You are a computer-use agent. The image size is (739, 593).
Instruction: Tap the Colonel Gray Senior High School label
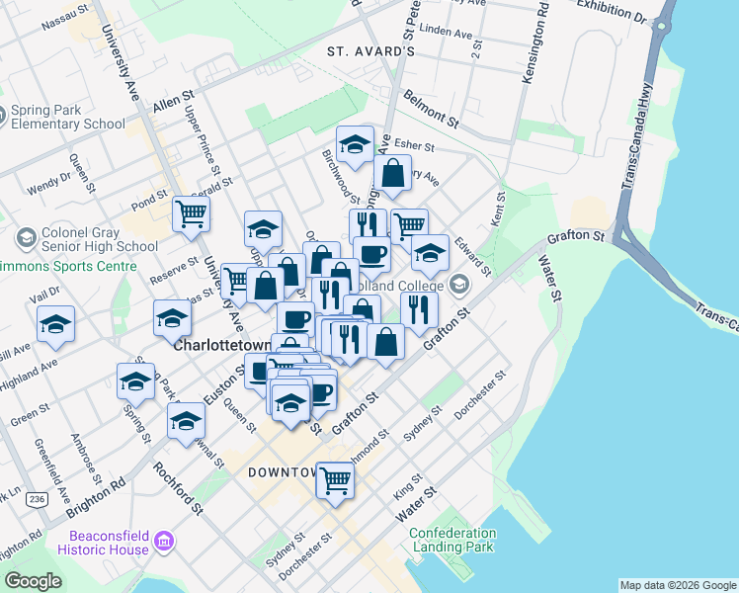click(x=86, y=240)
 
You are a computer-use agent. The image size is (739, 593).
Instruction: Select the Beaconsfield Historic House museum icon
click(x=163, y=541)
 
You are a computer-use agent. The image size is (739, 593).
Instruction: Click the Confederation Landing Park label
click(x=452, y=540)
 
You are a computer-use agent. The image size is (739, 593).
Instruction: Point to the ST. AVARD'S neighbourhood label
click(x=371, y=50)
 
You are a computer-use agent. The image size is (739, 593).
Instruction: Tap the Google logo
click(x=34, y=581)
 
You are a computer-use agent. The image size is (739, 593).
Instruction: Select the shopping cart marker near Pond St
click(x=191, y=212)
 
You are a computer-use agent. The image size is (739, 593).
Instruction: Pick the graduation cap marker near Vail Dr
click(x=56, y=323)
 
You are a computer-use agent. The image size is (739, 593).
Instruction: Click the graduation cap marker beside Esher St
click(x=355, y=144)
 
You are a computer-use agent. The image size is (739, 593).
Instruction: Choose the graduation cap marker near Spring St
click(x=136, y=381)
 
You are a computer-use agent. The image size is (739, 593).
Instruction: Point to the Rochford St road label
click(x=178, y=489)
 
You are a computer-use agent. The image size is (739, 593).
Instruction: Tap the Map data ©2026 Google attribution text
click(x=677, y=585)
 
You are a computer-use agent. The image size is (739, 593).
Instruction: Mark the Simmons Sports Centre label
click(x=68, y=267)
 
